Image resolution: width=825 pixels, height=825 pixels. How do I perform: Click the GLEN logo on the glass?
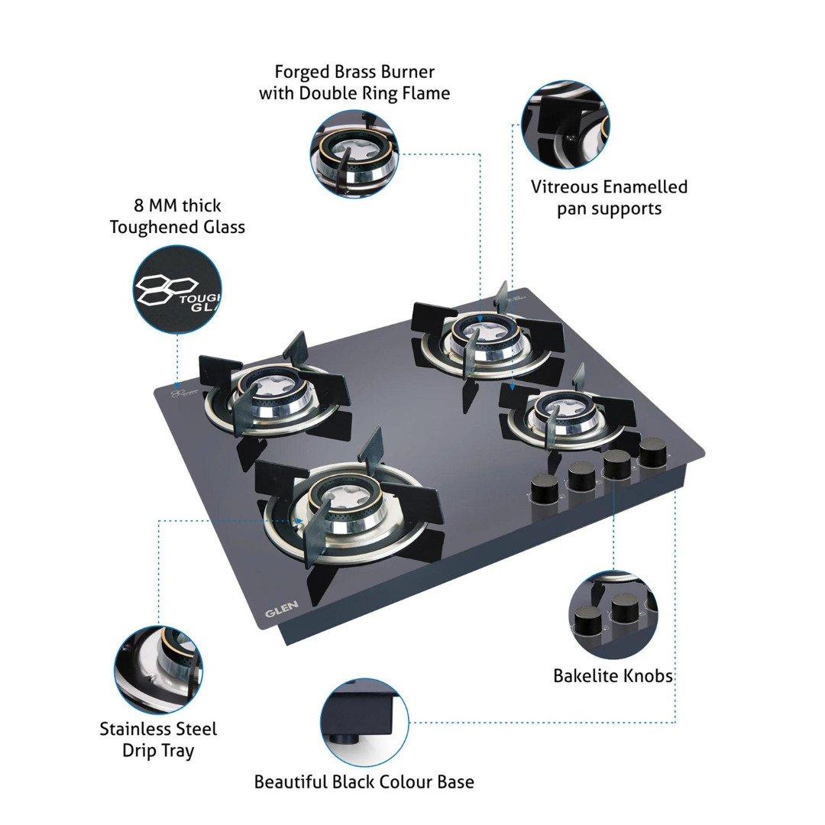click(x=281, y=609)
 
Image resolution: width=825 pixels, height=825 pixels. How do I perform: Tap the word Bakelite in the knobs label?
click(x=580, y=675)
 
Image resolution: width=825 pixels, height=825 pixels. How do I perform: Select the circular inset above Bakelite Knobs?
click(x=613, y=614)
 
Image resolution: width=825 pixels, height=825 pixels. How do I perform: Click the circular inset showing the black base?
click(x=364, y=723)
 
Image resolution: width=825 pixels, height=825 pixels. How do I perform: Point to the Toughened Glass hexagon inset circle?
click(x=177, y=289)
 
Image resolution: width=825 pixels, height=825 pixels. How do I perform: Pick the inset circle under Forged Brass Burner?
click(x=354, y=154)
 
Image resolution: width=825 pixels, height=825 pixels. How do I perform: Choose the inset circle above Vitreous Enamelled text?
click(x=565, y=125)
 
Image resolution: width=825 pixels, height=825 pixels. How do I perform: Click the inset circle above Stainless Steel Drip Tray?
click(x=158, y=670)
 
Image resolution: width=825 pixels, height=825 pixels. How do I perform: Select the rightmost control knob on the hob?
click(x=652, y=452)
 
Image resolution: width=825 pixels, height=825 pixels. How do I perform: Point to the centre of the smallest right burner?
click(x=561, y=411)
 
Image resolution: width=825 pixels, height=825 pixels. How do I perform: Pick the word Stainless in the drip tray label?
click(x=134, y=729)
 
